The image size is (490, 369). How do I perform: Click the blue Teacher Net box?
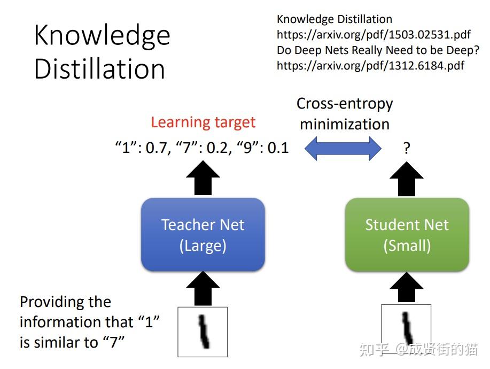coord(203,235)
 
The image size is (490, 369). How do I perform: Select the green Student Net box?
coord(407,235)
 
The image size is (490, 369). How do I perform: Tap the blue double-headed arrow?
coord(343,148)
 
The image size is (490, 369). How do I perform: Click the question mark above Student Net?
coord(407,148)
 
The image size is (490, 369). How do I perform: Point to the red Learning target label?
coord(203,122)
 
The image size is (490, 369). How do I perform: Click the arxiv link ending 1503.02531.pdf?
coord(374,35)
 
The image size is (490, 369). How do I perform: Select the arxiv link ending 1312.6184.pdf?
coord(370,66)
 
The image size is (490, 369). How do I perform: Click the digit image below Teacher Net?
coord(203,332)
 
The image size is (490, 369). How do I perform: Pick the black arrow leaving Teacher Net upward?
coord(203,178)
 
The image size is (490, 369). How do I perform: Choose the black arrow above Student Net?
coord(407,178)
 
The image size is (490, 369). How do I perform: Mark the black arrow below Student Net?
coord(407,288)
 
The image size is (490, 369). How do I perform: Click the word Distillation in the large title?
coord(99,69)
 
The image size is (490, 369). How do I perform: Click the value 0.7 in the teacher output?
coord(156,148)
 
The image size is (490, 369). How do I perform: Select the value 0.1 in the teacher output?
coord(278,148)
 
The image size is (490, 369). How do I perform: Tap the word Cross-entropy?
coord(345,103)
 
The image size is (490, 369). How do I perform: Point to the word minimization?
coord(345,124)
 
